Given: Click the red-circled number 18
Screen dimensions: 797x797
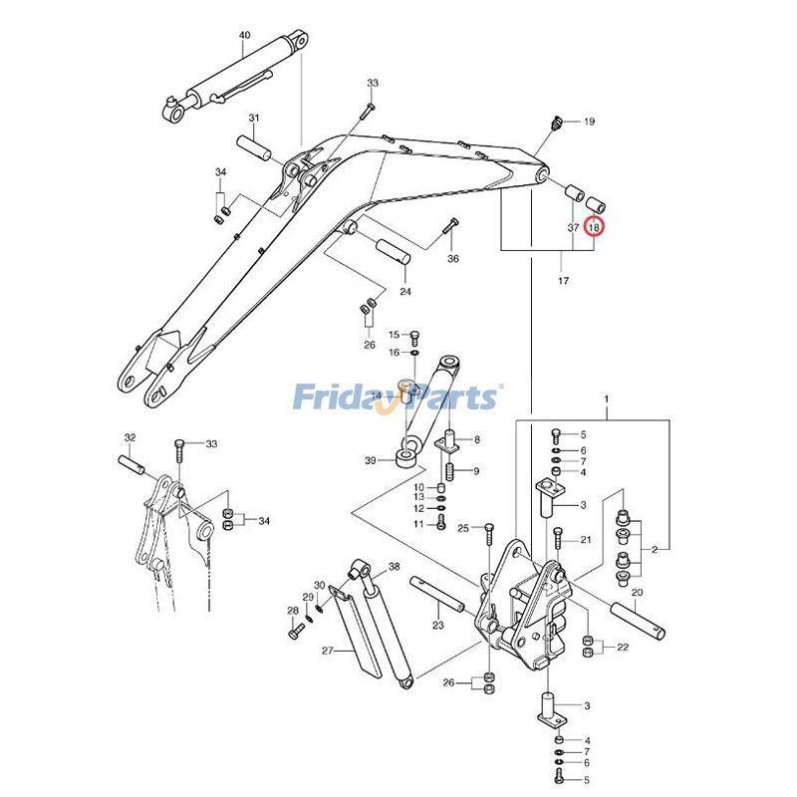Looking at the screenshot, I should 594,227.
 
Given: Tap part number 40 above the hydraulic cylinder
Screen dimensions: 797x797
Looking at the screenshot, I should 245,36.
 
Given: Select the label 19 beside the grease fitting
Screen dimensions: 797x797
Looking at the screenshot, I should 589,122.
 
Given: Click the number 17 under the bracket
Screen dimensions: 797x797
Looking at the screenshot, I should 563,282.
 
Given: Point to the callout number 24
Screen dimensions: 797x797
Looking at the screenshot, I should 405,292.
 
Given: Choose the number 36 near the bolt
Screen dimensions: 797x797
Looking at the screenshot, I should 453,259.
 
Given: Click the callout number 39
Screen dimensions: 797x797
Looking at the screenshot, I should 371,460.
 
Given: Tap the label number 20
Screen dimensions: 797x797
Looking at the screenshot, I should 638,592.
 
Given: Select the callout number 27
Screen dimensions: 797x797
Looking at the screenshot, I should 327,651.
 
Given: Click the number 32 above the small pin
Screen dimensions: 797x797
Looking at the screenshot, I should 130,437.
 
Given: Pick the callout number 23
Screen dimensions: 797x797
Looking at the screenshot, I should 437,626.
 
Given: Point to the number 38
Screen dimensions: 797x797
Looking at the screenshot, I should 394,566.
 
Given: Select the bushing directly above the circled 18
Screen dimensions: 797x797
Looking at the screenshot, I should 597,203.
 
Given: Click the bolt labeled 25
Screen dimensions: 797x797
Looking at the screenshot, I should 488,539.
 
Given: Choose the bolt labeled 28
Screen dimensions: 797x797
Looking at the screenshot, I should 294,631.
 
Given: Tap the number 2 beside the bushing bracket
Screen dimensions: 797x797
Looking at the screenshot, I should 655,549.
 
